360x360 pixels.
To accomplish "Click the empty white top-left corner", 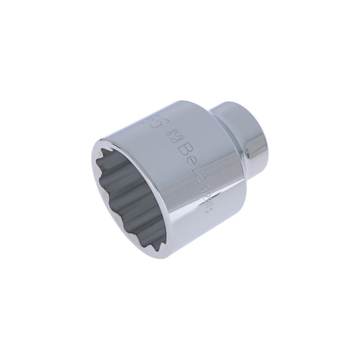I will pos(22,22).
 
